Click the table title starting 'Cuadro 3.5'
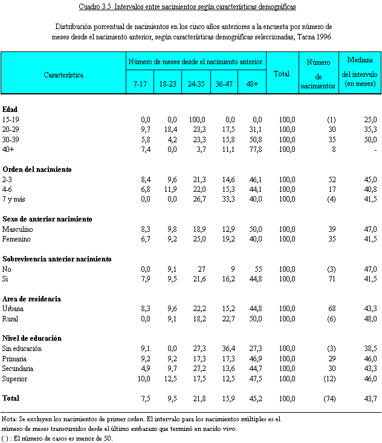coord(191,7)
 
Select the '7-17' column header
coord(140,84)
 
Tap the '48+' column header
coord(252,84)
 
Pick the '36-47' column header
coord(224,84)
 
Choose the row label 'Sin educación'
coord(24,349)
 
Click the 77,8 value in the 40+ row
coord(253,149)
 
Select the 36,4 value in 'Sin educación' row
coord(225,349)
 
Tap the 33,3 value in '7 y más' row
coord(225,199)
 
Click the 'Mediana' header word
coord(360,61)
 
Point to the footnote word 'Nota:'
coord(10,419)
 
